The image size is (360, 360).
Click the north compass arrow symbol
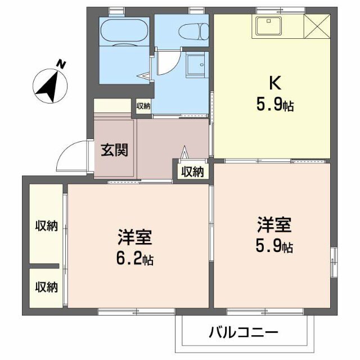point(48,83)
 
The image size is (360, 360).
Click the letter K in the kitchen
point(274,83)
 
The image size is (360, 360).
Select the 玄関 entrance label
point(114,150)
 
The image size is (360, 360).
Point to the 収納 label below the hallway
point(192,172)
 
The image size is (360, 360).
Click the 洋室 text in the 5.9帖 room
point(274,226)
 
